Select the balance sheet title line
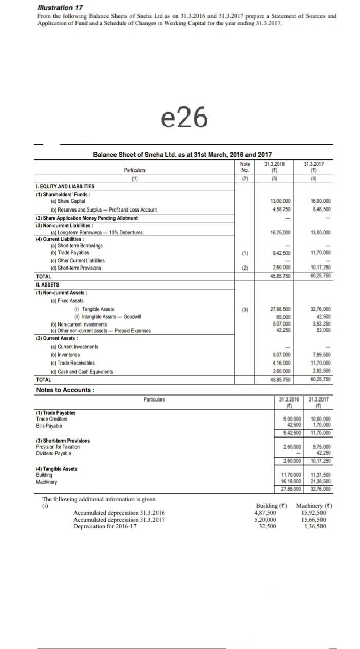click(182, 155)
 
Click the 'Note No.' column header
click(245, 167)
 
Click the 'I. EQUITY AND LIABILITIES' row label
click(65, 187)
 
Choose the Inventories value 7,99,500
click(321, 355)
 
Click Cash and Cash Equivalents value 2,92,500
click(321, 372)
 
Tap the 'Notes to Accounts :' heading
click(65, 390)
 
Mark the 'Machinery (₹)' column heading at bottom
click(314, 506)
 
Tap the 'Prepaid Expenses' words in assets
click(134, 331)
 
